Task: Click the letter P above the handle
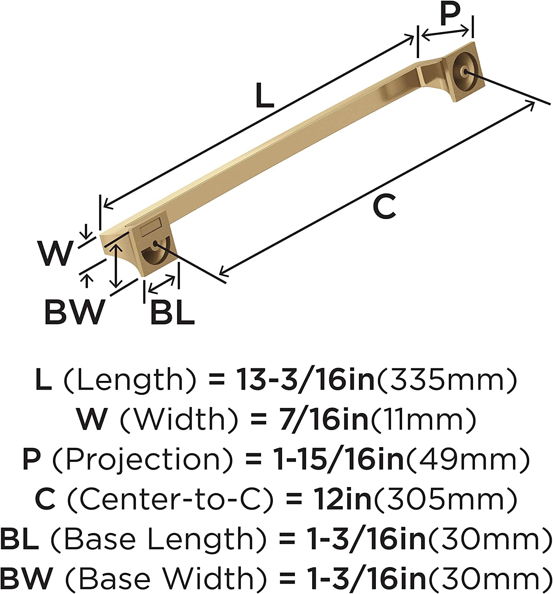coord(450,14)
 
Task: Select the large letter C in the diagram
coord(384,206)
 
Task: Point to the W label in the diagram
coord(56,253)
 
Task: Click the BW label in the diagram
coord(75,312)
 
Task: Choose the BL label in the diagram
coord(172,312)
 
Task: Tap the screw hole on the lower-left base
coord(155,244)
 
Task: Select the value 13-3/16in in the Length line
coord(305,379)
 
